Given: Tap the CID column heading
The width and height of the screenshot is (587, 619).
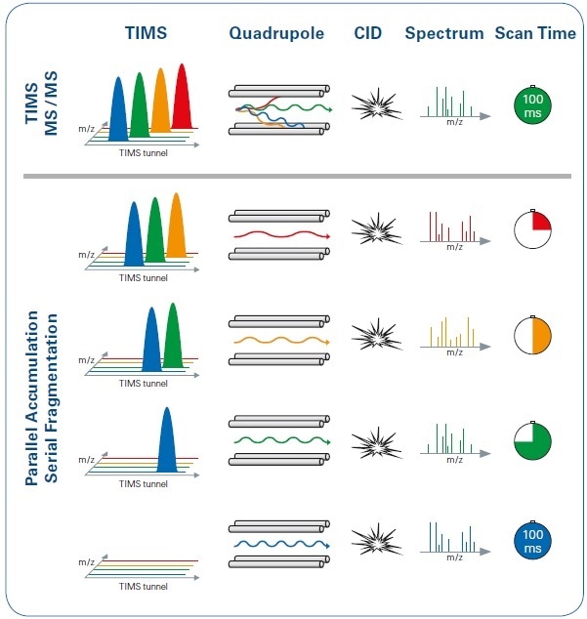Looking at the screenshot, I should [368, 32].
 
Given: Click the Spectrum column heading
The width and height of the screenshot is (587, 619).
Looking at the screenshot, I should [444, 32].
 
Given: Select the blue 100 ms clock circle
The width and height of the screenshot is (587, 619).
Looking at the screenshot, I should [532, 542].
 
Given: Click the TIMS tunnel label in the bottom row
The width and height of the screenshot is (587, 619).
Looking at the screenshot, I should [143, 587].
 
